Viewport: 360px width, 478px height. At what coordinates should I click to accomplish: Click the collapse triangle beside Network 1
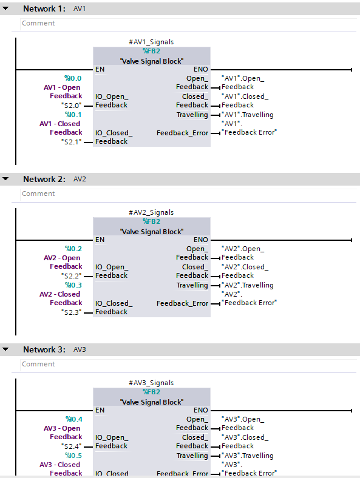pyautogui.click(x=6, y=8)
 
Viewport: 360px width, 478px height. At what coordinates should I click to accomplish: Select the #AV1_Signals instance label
pyautogui.click(x=151, y=42)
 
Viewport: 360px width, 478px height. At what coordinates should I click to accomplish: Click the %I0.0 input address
pyautogui.click(x=73, y=78)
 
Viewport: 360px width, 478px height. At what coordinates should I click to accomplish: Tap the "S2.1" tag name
pyautogui.click(x=71, y=141)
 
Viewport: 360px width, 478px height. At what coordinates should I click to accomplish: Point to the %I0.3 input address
pyautogui.click(x=73, y=285)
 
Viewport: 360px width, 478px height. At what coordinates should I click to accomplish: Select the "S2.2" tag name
pyautogui.click(x=71, y=275)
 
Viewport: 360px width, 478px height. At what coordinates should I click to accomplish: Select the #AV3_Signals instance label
pyautogui.click(x=151, y=383)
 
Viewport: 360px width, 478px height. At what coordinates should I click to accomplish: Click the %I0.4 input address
pyautogui.click(x=73, y=419)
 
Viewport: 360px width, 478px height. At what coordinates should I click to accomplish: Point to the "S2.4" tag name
pyautogui.click(x=71, y=446)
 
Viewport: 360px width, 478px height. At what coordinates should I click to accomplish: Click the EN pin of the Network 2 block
pyautogui.click(x=100, y=240)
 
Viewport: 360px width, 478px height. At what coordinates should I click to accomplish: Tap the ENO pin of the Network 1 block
pyautogui.click(x=200, y=69)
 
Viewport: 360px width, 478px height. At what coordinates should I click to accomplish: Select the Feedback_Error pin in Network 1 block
pyautogui.click(x=182, y=133)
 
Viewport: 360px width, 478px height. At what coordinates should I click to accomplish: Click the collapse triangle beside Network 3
pyautogui.click(x=6, y=349)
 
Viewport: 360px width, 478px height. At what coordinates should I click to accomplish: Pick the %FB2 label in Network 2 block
pyautogui.click(x=151, y=221)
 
